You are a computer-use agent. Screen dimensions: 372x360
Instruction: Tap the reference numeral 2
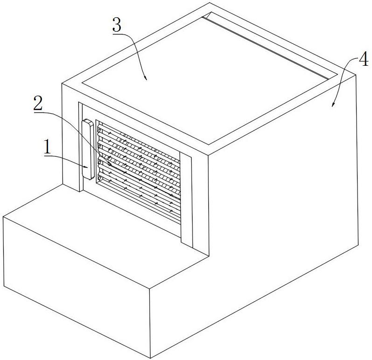point(38,103)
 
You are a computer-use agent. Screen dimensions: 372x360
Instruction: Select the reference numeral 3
point(117,25)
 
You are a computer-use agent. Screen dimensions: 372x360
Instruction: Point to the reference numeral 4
point(364,59)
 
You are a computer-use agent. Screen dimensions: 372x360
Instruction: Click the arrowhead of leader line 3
point(145,78)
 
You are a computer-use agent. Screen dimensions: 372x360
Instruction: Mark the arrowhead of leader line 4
point(333,104)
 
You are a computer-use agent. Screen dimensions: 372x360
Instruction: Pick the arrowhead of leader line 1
point(86,167)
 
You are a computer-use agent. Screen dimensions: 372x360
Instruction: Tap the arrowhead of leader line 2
point(110,164)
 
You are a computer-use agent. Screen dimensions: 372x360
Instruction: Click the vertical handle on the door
point(88,150)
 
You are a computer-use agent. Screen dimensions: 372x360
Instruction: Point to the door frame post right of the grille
point(186,199)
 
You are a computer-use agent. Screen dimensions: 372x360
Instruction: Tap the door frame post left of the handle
point(81,146)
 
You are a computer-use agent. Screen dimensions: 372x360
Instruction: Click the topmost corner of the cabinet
point(209,3)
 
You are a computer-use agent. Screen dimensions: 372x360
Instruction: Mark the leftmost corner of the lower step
point(3,217)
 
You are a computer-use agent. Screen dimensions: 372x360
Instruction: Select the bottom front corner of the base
point(151,358)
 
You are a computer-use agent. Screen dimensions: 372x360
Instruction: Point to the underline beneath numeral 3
point(123,34)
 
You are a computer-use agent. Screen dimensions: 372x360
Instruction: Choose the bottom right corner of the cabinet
point(358,245)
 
